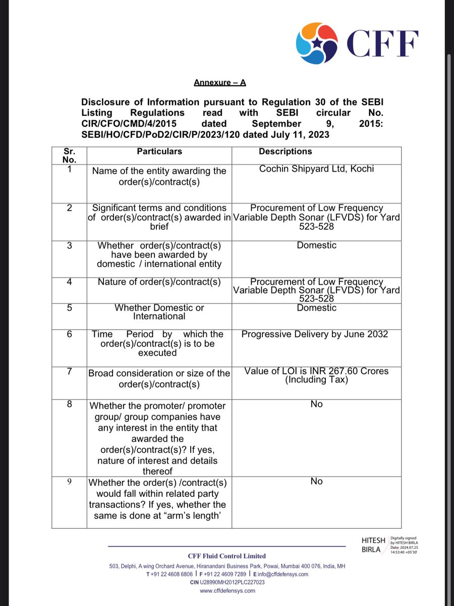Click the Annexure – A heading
pos(219,82)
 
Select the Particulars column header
pos(159,151)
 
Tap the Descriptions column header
pos(285,151)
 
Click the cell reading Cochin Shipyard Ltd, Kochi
pos(316,169)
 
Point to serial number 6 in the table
pos(69,334)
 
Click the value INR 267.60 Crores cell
pos(316,375)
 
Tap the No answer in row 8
pos(316,404)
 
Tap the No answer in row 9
pos(316,481)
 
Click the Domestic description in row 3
pos(316,245)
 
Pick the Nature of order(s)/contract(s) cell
pos(159,282)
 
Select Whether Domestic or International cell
pos(159,312)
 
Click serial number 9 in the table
pos(69,481)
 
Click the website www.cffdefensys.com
pos(227,590)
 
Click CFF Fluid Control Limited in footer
pos(227,556)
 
